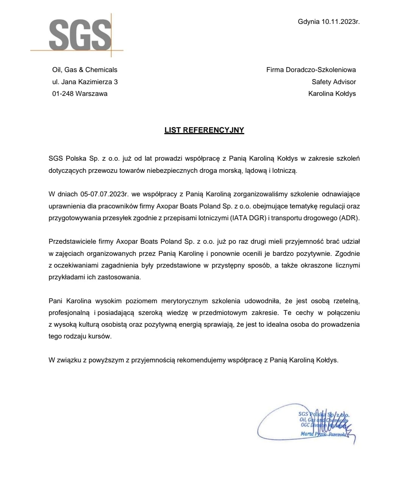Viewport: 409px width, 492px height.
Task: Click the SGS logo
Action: point(80,35)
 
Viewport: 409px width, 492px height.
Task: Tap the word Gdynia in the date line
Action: point(309,22)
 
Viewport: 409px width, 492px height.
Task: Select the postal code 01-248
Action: point(63,94)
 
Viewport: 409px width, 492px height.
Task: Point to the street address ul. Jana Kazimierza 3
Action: point(85,82)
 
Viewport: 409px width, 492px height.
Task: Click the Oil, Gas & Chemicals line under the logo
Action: point(85,70)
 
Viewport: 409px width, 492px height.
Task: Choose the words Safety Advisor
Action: point(334,82)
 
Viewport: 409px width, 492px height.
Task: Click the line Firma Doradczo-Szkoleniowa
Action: point(311,70)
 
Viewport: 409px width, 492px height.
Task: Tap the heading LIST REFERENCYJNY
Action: point(204,130)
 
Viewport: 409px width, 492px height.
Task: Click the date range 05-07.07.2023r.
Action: point(105,194)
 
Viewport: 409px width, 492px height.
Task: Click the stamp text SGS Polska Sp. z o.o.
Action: point(323,414)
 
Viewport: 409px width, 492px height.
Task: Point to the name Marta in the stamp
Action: point(307,434)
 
